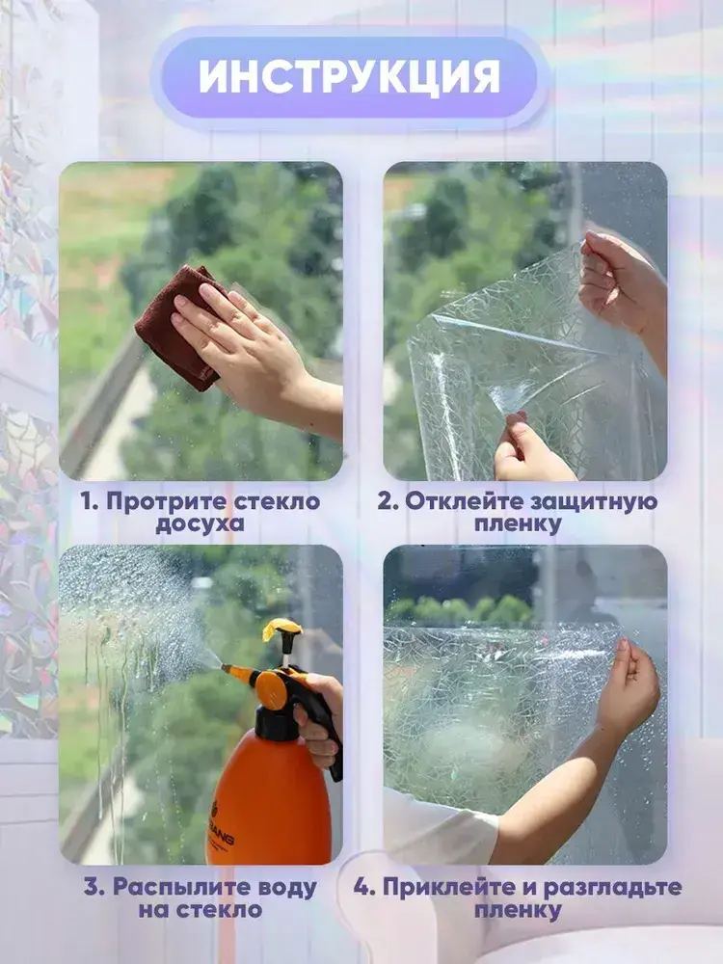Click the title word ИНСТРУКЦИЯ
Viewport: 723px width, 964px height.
pyautogui.click(x=349, y=76)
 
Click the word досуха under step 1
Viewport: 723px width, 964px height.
pyautogui.click(x=200, y=524)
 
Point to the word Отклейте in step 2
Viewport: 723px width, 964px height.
pyautogui.click(x=461, y=501)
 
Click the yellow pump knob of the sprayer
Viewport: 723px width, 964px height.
pyautogui.click(x=282, y=629)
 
